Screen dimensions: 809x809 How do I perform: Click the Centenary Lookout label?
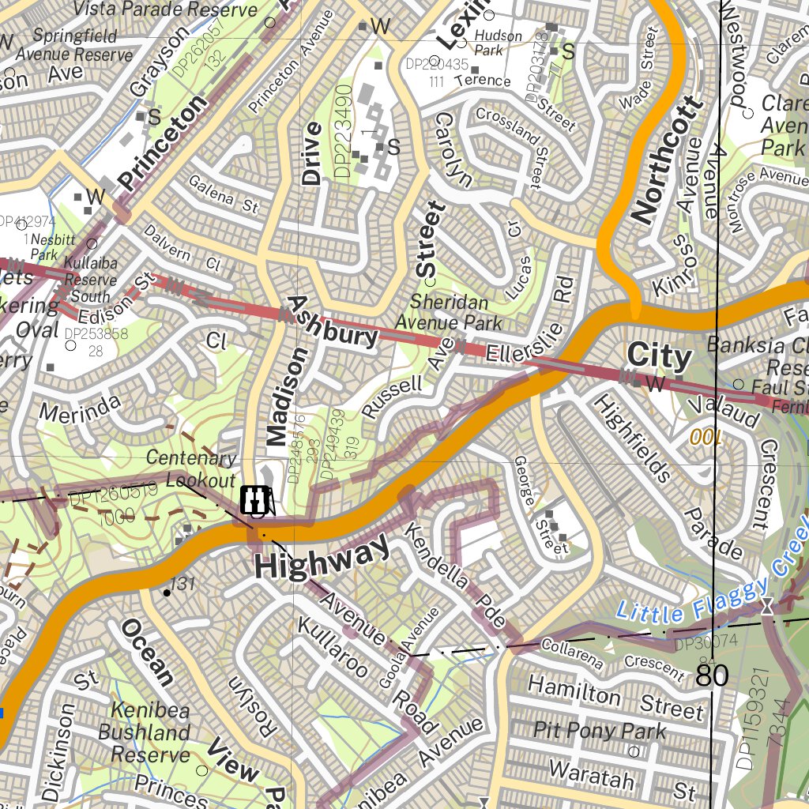[191, 469]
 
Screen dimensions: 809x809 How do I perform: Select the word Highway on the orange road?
[322, 558]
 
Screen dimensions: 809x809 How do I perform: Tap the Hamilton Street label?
[615, 698]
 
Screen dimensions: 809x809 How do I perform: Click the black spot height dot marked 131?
[167, 592]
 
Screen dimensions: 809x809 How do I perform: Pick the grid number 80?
[713, 676]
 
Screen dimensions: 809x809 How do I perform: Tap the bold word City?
[659, 357]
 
